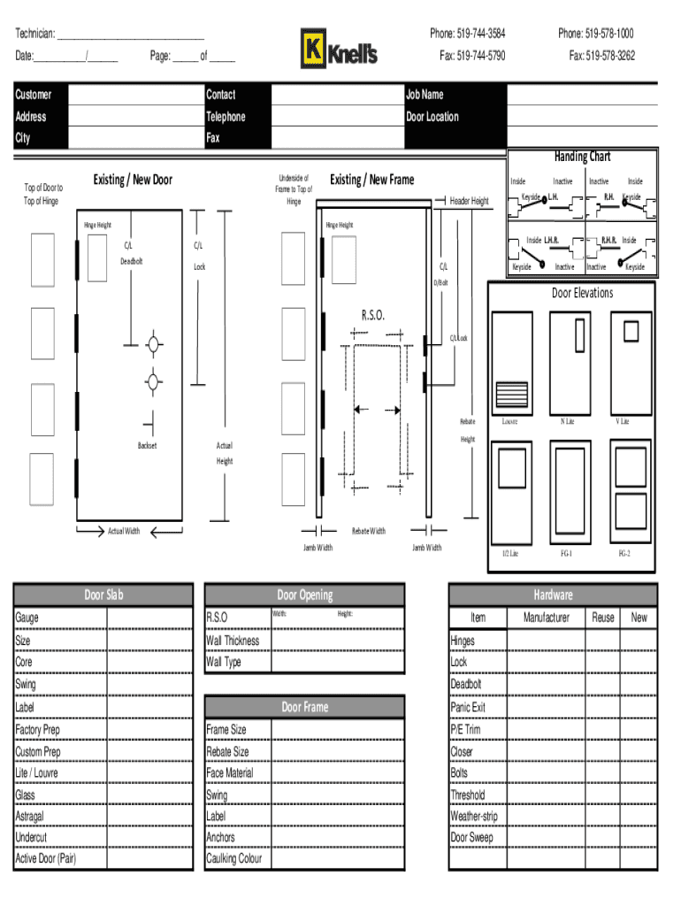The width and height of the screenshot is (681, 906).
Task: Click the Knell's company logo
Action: coord(339,49)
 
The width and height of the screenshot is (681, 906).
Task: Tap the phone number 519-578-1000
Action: coord(595,34)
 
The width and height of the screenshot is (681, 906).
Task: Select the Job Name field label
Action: coord(425,95)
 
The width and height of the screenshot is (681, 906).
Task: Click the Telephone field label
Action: coord(226,117)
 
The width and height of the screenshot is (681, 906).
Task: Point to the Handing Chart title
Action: coord(582,157)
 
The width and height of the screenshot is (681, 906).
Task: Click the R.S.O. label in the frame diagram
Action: coord(372,315)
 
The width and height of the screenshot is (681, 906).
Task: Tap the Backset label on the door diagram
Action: coord(147,445)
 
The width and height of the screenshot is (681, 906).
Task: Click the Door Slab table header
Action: coord(103,595)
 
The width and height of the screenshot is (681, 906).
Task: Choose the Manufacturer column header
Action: coord(547,618)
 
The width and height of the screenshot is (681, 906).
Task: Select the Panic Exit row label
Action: coord(468,707)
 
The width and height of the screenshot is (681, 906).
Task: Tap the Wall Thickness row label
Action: coord(233,640)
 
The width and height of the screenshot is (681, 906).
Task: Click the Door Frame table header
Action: coord(304,707)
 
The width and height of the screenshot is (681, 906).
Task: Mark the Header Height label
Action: coord(469,201)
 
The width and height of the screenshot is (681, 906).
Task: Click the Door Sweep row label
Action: coord(472,837)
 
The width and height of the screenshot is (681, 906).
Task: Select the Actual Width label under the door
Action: coord(124,531)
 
